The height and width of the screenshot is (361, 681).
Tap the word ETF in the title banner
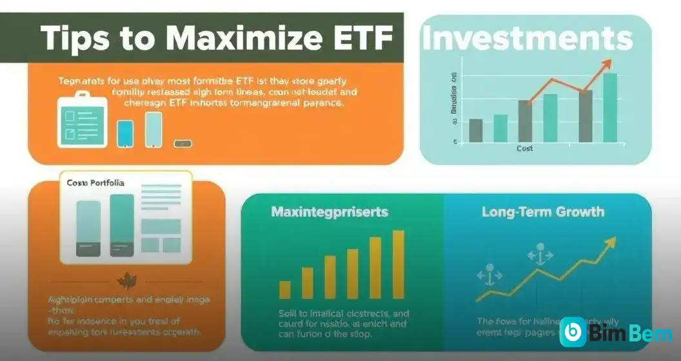(x=364, y=39)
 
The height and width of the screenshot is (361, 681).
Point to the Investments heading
(x=527, y=39)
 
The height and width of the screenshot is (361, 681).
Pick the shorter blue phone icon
(x=124, y=133)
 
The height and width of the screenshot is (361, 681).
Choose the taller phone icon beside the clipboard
(x=153, y=129)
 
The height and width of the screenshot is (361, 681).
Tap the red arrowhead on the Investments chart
(x=604, y=63)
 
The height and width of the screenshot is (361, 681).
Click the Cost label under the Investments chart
(x=525, y=148)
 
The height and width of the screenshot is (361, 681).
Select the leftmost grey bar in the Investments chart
(x=475, y=130)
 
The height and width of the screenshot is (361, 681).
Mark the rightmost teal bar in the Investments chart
(x=609, y=107)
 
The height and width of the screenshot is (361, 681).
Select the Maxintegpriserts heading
(x=330, y=211)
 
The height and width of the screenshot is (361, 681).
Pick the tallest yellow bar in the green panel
(x=397, y=264)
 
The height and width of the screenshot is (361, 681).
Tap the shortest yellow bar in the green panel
(x=284, y=289)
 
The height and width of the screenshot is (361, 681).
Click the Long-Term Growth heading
(x=543, y=211)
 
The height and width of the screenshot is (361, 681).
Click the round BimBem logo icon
(x=573, y=332)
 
